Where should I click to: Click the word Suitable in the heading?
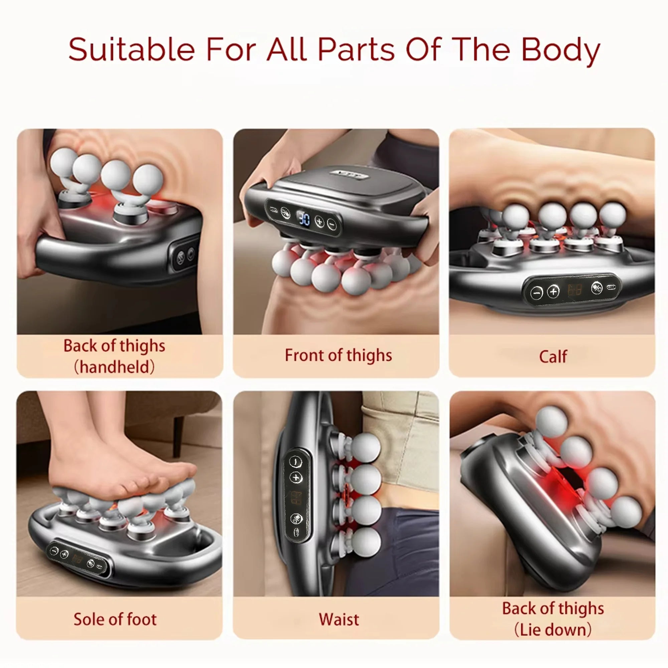[x=131, y=49]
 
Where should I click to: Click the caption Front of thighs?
[x=338, y=355]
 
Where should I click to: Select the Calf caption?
[x=553, y=357]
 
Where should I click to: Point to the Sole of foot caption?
[x=115, y=619]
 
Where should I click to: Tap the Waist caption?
[x=339, y=619]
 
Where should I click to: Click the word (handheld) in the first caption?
[x=115, y=367]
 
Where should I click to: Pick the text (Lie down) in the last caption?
[x=553, y=630]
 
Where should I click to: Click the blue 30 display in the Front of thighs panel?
[x=304, y=219]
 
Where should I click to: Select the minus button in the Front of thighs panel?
[x=331, y=225]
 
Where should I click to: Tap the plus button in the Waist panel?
[x=296, y=478]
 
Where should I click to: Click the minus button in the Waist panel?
[x=295, y=462]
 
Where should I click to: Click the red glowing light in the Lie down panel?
[x=560, y=484]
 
